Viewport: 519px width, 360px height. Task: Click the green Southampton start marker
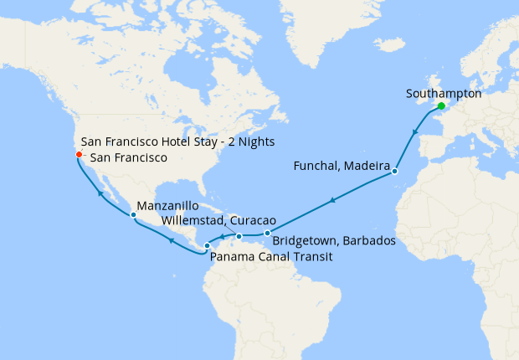[x=440, y=106]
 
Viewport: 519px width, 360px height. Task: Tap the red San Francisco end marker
[x=78, y=154]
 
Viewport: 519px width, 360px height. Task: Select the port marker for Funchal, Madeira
[x=394, y=173]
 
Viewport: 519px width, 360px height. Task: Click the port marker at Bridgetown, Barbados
[x=267, y=233]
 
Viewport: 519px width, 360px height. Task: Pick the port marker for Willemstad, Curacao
[x=239, y=236]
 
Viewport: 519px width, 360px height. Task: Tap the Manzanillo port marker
[x=133, y=215]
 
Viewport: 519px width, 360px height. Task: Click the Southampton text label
[x=443, y=94]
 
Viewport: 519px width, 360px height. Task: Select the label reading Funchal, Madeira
[x=342, y=167]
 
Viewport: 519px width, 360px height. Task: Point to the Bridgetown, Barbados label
[x=334, y=241]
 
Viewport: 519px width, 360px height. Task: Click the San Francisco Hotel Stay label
[x=177, y=141]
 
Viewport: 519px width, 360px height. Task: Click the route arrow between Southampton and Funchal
[x=414, y=132]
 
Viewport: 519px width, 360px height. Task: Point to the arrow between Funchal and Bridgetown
[x=332, y=201]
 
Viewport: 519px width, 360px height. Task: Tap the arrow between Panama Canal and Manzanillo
[x=170, y=240]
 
